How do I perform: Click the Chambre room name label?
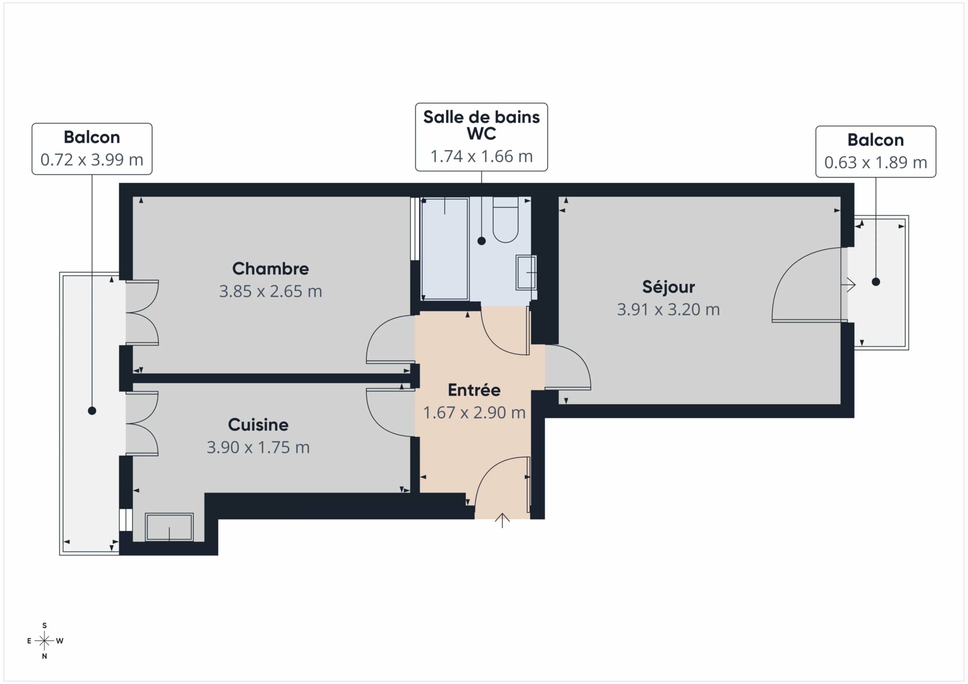tap(270, 269)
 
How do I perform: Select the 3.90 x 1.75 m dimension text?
tap(258, 447)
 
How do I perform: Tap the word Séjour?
tap(668, 287)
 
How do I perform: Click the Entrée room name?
tap(474, 390)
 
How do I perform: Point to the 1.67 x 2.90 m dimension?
tap(474, 413)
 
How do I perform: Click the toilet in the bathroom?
tap(505, 220)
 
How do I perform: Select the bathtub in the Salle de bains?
tap(444, 248)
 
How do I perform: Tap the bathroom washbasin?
tap(526, 273)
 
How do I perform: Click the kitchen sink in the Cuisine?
tap(169, 527)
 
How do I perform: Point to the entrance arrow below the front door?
tap(502, 520)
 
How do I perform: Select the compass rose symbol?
tap(44, 641)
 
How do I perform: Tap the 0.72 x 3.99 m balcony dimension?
tap(92, 160)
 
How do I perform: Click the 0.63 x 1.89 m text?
tap(875, 162)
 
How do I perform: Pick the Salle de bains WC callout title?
tap(481, 125)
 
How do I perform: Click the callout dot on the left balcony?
tap(92, 411)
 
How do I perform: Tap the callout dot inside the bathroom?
tap(482, 241)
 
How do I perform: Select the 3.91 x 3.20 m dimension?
tap(668, 310)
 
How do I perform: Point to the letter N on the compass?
tap(44, 656)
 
